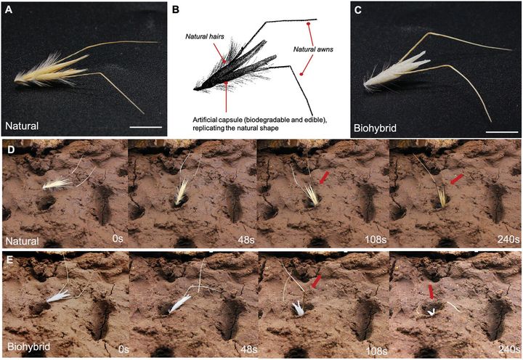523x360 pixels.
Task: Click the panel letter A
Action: coord(8,9)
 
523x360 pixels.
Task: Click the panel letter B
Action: coord(175,9)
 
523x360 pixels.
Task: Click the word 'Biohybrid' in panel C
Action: coord(378,128)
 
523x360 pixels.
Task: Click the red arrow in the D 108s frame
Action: coord(325,176)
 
